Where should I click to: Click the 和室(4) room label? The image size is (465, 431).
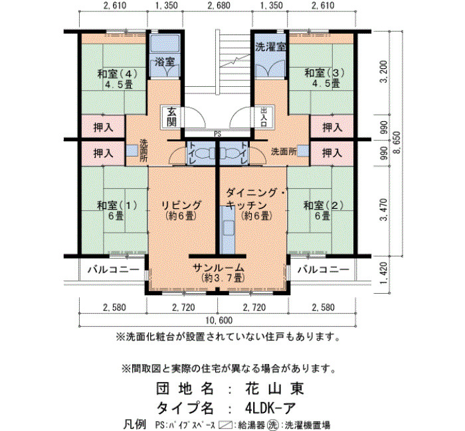118,79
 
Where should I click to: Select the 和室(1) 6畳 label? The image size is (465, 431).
117,210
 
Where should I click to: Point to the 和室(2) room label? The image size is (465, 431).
324,210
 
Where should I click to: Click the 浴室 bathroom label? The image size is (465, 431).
165,62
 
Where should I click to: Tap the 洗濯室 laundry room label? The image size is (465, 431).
270,47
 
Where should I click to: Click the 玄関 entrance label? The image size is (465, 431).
171,117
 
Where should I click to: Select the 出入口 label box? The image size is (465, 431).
263,117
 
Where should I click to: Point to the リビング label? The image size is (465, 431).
181,210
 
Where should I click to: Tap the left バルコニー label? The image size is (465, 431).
114,269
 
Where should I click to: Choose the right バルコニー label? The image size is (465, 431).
324,269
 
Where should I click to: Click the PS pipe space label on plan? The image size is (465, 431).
218,134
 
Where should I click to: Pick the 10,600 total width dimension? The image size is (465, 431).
219,320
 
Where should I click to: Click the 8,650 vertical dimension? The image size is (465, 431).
397,143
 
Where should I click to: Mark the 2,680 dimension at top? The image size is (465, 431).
219,5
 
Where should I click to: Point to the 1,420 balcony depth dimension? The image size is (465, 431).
384,273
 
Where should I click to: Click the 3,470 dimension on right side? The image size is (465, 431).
384,210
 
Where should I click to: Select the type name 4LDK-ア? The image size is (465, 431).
270,408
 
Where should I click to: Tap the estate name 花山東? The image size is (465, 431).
275,389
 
